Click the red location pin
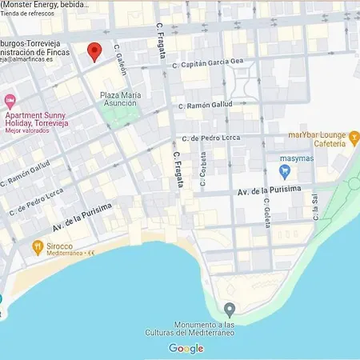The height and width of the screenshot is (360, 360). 94,51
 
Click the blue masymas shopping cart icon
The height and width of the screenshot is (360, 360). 285,170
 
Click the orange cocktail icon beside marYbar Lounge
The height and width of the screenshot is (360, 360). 354,140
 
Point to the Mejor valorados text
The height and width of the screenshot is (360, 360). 26,130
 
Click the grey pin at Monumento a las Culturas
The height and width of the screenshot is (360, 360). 230,309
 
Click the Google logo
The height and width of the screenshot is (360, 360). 186,348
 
